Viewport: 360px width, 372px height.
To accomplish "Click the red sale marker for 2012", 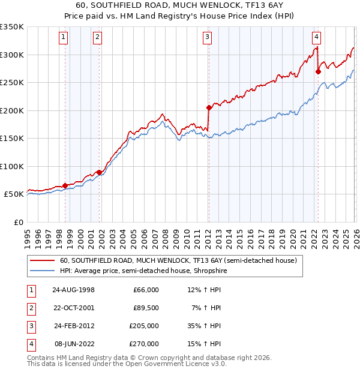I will [209, 108].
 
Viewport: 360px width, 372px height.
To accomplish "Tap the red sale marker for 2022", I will [318, 71].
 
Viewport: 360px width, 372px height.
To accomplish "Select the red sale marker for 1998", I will [65, 185].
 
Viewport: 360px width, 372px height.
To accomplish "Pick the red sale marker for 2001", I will [98, 172].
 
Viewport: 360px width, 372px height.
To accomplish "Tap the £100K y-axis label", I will [11, 166].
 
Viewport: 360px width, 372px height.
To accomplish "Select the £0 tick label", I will [17, 222].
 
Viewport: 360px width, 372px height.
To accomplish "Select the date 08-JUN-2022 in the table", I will [73, 344].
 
